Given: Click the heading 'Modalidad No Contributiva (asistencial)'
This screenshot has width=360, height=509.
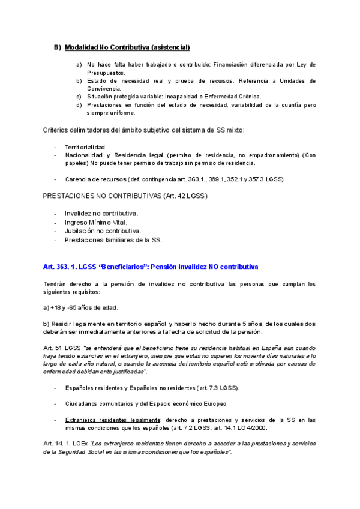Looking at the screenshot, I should (x=127, y=47).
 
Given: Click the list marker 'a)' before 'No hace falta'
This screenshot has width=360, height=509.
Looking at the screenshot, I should (x=79, y=64).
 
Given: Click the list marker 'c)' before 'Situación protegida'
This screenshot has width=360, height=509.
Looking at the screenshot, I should (x=79, y=96).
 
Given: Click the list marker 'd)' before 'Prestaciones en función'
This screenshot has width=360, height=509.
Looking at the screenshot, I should (x=79, y=104).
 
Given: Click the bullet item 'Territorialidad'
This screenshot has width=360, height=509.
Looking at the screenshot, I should (x=85, y=147).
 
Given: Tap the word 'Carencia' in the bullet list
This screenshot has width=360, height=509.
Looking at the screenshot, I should (x=79, y=179).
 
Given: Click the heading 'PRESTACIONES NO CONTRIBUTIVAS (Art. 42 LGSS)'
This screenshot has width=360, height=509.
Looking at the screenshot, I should (x=126, y=196).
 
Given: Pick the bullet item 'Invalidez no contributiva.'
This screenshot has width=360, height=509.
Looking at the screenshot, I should (x=101, y=214).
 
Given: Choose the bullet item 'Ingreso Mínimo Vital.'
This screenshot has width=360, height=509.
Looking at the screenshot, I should (x=96, y=222).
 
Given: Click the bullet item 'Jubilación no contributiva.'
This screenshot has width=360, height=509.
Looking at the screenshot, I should (x=103, y=231).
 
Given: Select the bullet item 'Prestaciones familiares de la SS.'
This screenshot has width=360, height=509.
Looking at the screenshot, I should (x=113, y=240).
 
